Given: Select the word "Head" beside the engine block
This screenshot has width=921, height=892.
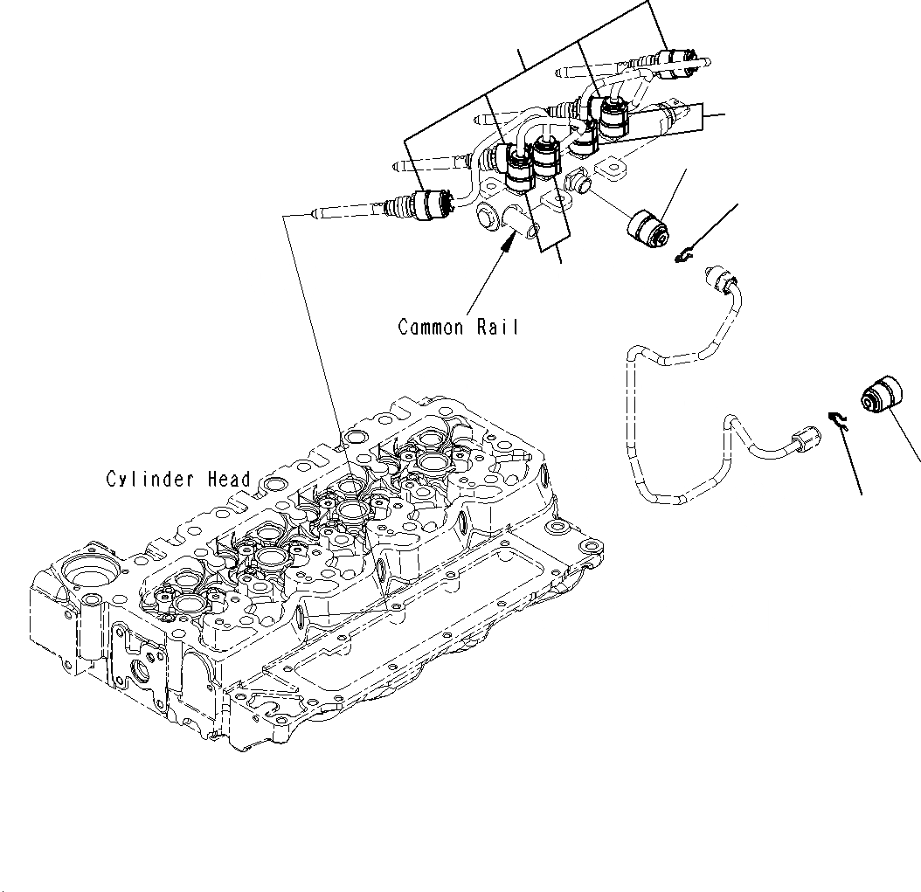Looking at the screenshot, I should [229, 480].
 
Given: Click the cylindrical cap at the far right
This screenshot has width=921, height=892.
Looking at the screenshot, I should [880, 396].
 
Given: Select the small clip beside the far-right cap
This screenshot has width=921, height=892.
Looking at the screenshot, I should [837, 421].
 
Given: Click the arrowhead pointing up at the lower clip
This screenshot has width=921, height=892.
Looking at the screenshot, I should [844, 435].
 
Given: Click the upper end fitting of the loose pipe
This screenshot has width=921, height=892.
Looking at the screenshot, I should [721, 280].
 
